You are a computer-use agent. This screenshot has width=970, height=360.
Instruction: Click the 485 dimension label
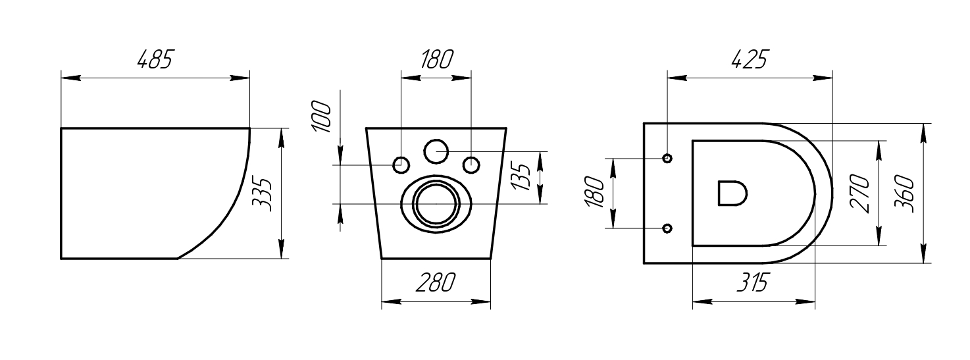(154, 60)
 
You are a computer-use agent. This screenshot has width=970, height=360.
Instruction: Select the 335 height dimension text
(263, 193)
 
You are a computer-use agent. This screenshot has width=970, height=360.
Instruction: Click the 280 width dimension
(435, 283)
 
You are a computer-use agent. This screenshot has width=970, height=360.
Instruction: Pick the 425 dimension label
(749, 60)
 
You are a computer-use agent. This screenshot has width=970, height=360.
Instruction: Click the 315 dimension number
(751, 284)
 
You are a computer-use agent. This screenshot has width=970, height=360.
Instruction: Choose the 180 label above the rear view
(436, 60)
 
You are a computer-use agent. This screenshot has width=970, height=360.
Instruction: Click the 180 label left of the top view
(594, 193)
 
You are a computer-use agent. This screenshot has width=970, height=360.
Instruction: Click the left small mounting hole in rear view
(401, 165)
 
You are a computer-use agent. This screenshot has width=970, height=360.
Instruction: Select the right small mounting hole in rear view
(471, 165)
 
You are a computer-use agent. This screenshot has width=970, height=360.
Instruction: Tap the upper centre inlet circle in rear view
(436, 151)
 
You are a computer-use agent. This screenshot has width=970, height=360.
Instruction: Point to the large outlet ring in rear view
(436, 203)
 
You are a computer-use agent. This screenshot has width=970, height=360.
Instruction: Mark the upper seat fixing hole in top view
(667, 158)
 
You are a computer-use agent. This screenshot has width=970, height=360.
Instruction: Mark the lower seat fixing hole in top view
(667, 228)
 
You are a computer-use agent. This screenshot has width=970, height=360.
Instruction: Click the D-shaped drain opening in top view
(731, 193)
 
